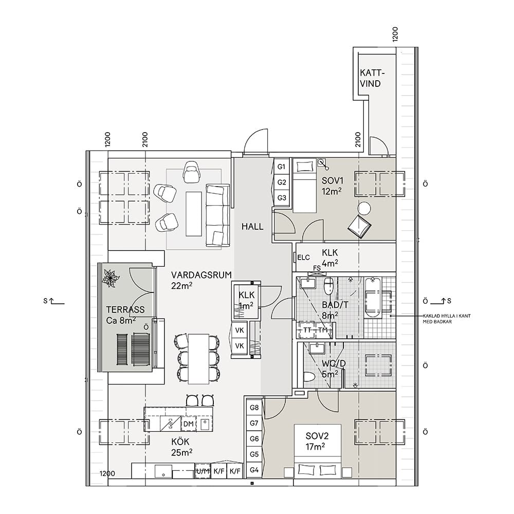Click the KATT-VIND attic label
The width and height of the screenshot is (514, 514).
point(372,78)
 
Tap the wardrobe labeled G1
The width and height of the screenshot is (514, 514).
point(282,167)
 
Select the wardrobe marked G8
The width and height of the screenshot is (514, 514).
point(254,408)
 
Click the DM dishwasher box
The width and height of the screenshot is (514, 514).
point(188,424)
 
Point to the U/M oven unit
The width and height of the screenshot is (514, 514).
point(203,471)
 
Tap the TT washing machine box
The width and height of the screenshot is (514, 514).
point(307,330)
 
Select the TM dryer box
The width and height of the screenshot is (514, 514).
point(323,330)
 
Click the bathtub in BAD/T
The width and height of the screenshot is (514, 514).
point(373,298)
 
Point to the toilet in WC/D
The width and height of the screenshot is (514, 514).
point(309,377)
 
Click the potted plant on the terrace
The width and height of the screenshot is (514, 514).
point(111,278)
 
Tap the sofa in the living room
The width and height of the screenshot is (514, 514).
point(217,215)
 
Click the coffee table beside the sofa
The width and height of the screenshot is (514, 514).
point(194,214)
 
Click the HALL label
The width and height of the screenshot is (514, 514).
point(252,227)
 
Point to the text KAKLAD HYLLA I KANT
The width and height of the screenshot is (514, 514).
point(447,316)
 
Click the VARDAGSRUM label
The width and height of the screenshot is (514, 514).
point(201,274)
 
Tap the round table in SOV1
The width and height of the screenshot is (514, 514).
point(364,208)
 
